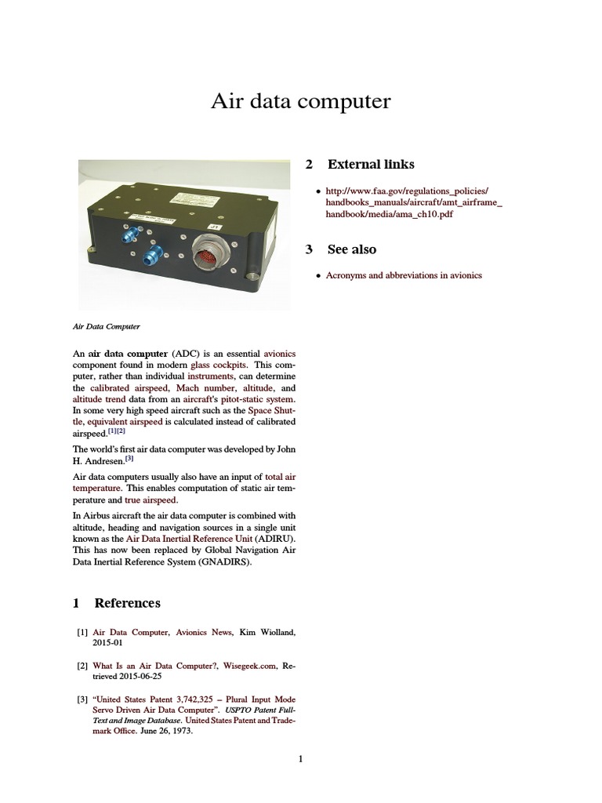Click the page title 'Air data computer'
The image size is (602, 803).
[300, 102]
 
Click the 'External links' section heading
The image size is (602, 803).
[370, 165]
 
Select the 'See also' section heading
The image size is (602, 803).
[351, 249]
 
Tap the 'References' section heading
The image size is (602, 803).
[127, 603]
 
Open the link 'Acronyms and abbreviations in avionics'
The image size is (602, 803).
[404, 275]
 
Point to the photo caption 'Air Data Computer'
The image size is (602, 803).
[106, 325]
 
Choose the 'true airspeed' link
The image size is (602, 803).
[150, 499]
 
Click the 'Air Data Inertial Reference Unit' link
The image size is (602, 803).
[189, 540]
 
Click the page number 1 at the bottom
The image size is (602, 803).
[300, 758]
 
